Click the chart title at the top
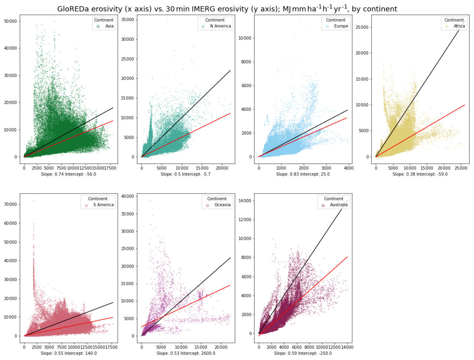coord(227,9)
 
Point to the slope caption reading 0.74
coord(69,174)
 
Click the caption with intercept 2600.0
coord(186,353)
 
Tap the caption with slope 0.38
coord(420,174)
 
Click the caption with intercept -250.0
coord(303,353)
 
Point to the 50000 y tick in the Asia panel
coord(10,22)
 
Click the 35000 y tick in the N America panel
coord(128,20)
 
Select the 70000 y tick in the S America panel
coord(10,205)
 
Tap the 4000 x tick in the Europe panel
coord(348,168)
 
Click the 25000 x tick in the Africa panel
coord(461,168)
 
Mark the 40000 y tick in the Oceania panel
coord(128,196)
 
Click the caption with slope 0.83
coord(303,174)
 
